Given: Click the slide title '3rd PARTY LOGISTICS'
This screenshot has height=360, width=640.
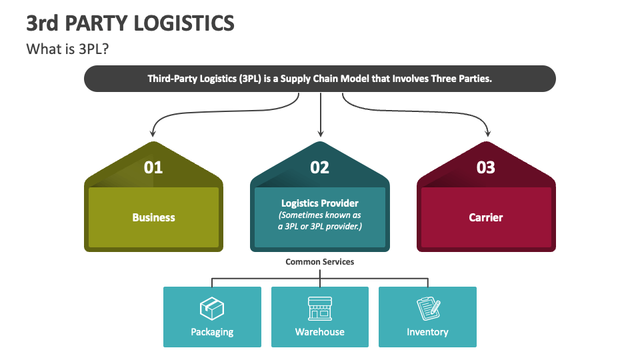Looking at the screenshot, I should pos(130,23).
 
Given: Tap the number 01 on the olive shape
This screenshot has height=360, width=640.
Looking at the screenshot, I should pos(153,167).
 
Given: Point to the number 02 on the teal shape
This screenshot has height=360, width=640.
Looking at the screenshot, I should pos(320,167).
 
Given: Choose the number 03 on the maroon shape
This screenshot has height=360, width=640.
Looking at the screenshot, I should pos(486,167).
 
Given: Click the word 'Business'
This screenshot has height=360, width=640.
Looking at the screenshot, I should pos(153,217).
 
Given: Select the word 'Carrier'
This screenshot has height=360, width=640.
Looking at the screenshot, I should pos(486,217).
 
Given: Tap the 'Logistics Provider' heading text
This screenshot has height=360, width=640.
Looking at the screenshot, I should pos(320,203).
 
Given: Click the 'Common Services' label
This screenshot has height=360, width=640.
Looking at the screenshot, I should pos(320,262).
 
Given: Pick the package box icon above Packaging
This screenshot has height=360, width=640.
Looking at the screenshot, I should pos(212,308).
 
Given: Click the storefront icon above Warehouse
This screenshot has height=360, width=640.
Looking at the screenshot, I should pos(320,308).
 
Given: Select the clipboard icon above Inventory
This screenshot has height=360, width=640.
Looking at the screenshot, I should pos(428,308).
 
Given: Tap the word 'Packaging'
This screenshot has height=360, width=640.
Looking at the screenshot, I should pos(212,332).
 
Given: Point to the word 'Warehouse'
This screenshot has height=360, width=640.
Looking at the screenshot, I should pos(320,332).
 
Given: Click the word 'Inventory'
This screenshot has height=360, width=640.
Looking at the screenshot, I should pos(428,332).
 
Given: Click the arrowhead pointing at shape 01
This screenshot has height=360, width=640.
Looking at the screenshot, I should pos(153,133).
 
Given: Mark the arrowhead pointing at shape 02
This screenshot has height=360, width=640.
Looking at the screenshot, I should pos(321,133).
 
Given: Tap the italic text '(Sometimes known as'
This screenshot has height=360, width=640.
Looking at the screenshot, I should pos(320,215).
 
